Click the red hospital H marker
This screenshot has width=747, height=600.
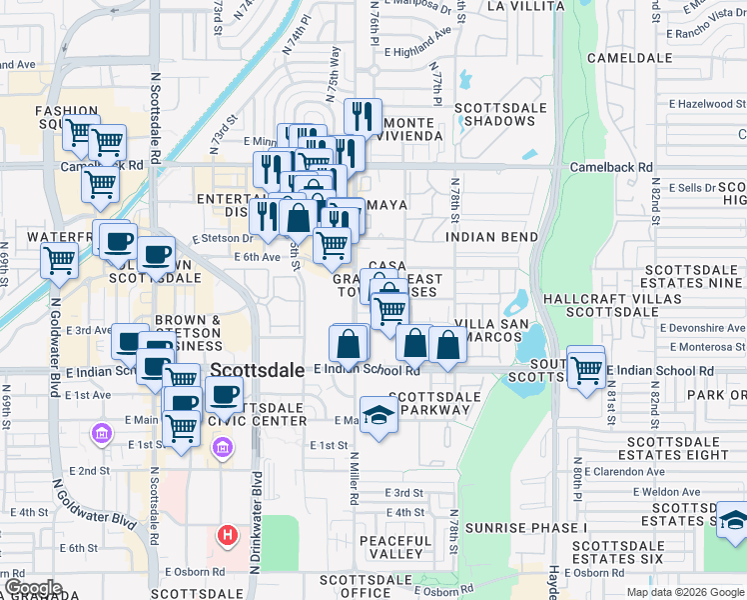tap(228, 536)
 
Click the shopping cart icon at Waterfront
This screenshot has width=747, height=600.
tap(59, 261)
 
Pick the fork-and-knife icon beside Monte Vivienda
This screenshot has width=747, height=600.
tap(364, 116)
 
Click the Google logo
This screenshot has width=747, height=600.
tap(33, 589)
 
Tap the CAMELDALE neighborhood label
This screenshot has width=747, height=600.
tap(630, 58)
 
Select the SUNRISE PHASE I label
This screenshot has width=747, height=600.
tap(525, 527)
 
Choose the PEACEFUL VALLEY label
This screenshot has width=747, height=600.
tap(395, 547)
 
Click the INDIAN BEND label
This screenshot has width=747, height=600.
tap(491, 237)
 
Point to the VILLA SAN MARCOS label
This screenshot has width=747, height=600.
tap(487, 331)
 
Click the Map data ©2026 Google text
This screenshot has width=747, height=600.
tap(685, 591)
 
